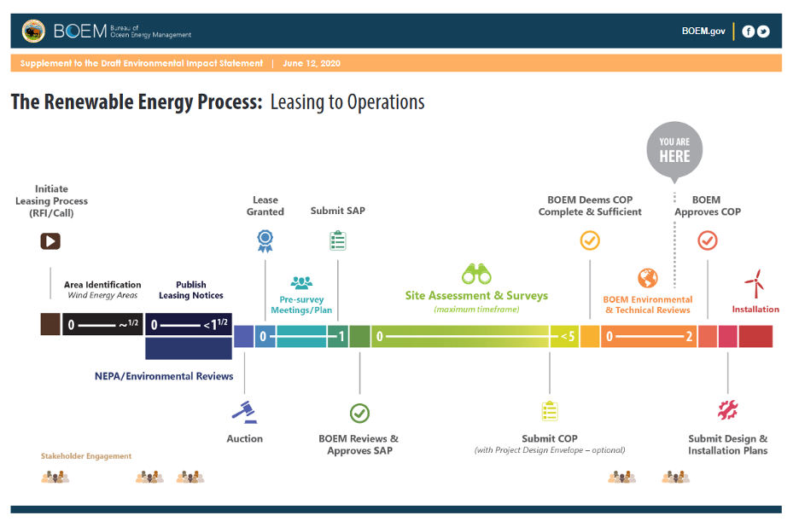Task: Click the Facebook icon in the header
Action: [x=748, y=32]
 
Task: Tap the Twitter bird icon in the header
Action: [x=763, y=32]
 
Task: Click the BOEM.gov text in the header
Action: [x=703, y=31]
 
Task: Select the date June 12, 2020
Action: [x=312, y=63]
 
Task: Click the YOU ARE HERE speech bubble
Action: [x=674, y=150]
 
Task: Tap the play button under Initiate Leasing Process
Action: [x=50, y=240]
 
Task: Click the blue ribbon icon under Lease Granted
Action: [x=265, y=241]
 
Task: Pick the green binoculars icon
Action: [x=476, y=274]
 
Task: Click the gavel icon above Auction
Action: [x=245, y=413]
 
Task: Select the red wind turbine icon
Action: [x=755, y=284]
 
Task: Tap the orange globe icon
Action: [x=648, y=278]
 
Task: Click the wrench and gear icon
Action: [x=727, y=410]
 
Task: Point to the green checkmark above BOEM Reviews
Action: [x=359, y=414]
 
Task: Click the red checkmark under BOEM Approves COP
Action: [x=708, y=240]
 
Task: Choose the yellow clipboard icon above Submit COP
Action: [x=550, y=411]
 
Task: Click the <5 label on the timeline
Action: [x=568, y=337]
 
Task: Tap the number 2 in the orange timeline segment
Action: [x=689, y=337]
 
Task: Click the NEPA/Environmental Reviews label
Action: [x=164, y=376]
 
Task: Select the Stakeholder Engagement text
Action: [x=86, y=456]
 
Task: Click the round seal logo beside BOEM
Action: [x=33, y=32]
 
